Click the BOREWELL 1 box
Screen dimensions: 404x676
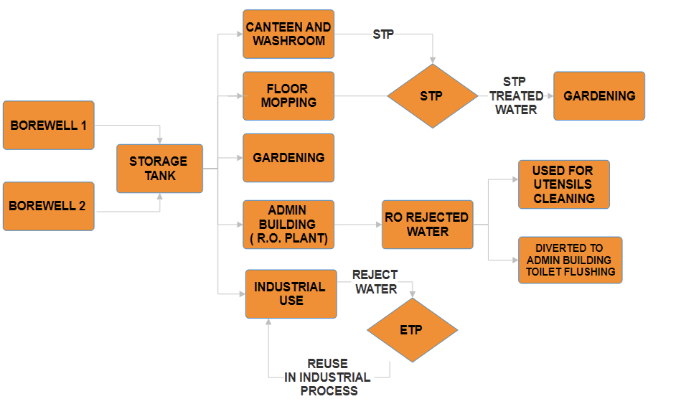tap(49, 125)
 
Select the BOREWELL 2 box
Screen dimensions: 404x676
tap(49, 206)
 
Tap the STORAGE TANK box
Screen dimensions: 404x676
tap(159, 169)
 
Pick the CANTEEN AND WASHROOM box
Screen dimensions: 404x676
tap(288, 34)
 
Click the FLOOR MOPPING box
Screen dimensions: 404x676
tap(288, 95)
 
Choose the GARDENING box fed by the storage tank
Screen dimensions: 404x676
tap(288, 158)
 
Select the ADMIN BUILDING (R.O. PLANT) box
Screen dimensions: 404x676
tap(288, 225)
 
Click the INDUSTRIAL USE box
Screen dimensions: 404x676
tap(291, 293)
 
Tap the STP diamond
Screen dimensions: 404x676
tap(432, 95)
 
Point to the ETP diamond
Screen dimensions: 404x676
tap(412, 330)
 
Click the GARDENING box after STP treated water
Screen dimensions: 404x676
tap(599, 95)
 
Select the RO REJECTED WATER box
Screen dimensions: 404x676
tap(428, 225)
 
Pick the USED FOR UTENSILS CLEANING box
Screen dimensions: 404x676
tap(563, 184)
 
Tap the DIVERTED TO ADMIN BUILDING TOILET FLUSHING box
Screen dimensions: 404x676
tap(569, 260)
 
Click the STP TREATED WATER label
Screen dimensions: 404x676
tap(516, 95)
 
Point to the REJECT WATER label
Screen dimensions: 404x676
tap(375, 282)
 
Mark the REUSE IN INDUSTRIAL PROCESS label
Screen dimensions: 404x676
tap(328, 377)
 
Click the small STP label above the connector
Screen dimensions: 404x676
tap(383, 34)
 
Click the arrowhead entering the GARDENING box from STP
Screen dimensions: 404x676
tap(549, 95)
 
